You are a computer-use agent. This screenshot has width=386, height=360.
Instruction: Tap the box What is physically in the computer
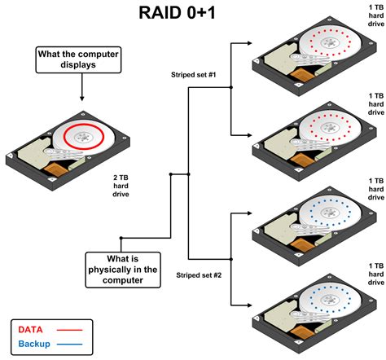click(x=121, y=269)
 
